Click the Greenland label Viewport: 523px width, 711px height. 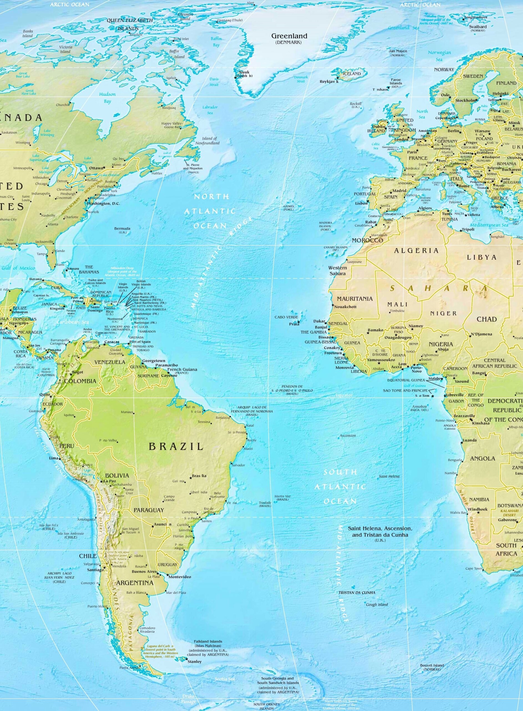click(x=289, y=36)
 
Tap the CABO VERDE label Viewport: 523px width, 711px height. click(x=286, y=317)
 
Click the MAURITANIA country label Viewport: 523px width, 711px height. click(x=355, y=299)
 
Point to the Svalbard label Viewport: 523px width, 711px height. click(x=478, y=27)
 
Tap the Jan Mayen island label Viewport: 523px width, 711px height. click(x=398, y=51)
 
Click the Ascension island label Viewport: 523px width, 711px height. click(x=348, y=436)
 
